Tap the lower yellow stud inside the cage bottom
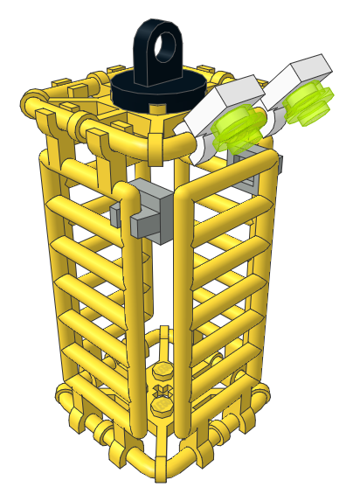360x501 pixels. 163,407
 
